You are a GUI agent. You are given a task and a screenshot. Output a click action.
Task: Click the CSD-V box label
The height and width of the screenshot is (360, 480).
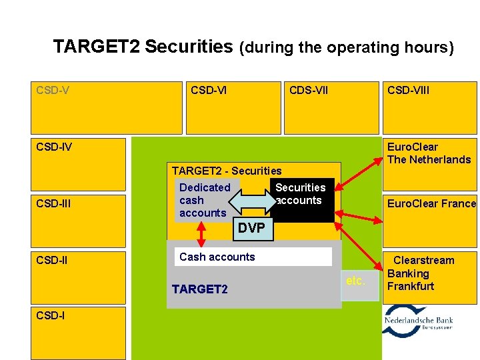[53, 89]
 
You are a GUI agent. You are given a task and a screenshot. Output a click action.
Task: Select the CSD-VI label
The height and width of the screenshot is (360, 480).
[209, 89]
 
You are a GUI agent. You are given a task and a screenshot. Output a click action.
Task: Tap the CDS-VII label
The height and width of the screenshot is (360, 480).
[308, 89]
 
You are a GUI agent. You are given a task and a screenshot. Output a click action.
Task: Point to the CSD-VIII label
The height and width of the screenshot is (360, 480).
[409, 89]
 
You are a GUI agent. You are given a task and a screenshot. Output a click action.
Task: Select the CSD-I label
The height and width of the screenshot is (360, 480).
[51, 316]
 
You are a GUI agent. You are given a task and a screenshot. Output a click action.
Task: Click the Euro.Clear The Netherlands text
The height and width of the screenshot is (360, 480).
[429, 153]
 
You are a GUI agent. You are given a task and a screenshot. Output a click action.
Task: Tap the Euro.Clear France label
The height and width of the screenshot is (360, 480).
[431, 204]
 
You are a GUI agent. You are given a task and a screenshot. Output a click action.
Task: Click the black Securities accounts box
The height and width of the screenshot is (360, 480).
[301, 199]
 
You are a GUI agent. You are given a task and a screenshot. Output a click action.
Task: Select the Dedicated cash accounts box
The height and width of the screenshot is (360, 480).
[204, 200]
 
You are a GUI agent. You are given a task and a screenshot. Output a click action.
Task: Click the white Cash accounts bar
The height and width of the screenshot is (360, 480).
[255, 257]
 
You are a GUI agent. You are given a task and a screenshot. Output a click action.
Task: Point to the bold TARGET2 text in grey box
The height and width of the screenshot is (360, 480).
[199, 289]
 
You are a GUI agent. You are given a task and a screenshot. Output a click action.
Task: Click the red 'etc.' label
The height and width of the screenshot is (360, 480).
[355, 281]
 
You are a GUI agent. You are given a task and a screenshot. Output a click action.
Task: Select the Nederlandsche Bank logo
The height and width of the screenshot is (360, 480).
[419, 321]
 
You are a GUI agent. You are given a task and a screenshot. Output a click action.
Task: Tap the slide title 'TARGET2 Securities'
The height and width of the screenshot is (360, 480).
[143, 47]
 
